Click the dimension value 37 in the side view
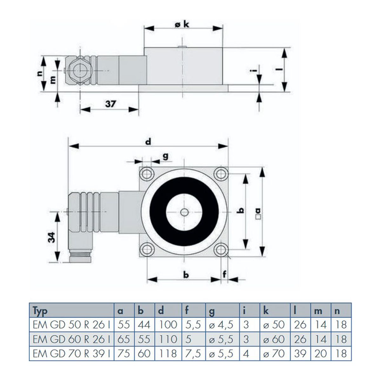click(110, 104)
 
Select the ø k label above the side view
click(182, 25)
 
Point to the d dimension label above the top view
click(148, 142)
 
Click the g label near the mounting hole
click(165, 157)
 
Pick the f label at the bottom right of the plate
click(224, 274)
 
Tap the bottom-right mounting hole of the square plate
click(221, 250)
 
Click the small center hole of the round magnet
click(184, 212)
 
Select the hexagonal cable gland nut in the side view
click(79, 70)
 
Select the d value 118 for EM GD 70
click(168, 353)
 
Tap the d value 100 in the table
click(168, 325)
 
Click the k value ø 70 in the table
click(274, 353)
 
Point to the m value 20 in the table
click(320, 353)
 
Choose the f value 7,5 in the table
click(193, 353)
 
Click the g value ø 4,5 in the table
click(221, 325)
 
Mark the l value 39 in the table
click(300, 353)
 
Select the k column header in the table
click(266, 311)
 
